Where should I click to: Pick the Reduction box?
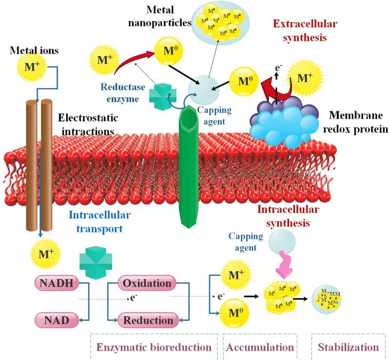[147, 320]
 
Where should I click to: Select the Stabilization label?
[348, 348]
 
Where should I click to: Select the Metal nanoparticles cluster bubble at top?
[220, 21]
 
